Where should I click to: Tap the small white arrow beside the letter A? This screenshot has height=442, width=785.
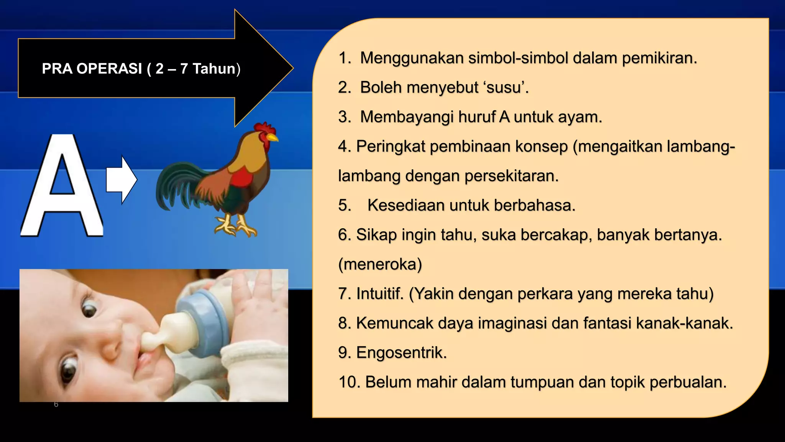click(x=121, y=180)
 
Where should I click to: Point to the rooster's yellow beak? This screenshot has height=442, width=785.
click(x=273, y=137)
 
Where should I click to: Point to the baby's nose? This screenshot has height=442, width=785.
click(x=111, y=347)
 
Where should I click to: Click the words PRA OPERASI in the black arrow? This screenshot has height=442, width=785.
click(x=92, y=69)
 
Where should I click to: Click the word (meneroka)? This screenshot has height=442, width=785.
click(x=380, y=264)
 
